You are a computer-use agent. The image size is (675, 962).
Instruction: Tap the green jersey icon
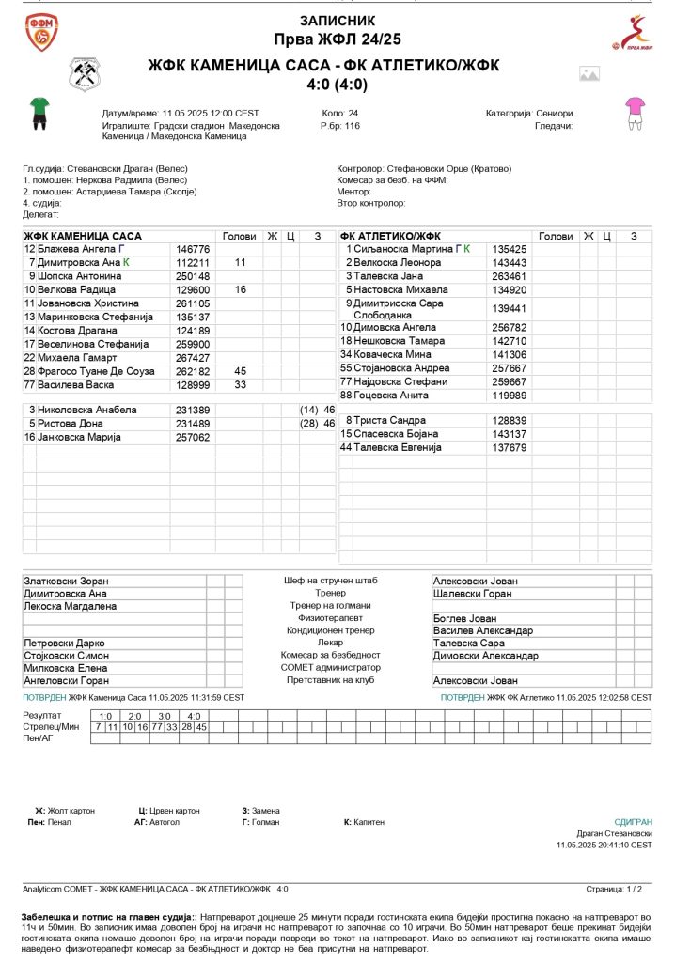39,111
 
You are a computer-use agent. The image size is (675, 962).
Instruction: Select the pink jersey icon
636,112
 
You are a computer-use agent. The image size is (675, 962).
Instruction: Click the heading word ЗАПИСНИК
337,20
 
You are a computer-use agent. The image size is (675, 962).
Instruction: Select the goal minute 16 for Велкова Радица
241,290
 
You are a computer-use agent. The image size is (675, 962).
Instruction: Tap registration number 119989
510,396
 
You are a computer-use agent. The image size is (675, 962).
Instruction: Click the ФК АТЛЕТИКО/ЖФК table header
390,236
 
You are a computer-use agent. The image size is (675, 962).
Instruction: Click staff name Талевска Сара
469,644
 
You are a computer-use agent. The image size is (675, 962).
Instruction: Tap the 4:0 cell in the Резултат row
194,716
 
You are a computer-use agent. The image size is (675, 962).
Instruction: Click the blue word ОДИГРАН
633,822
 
